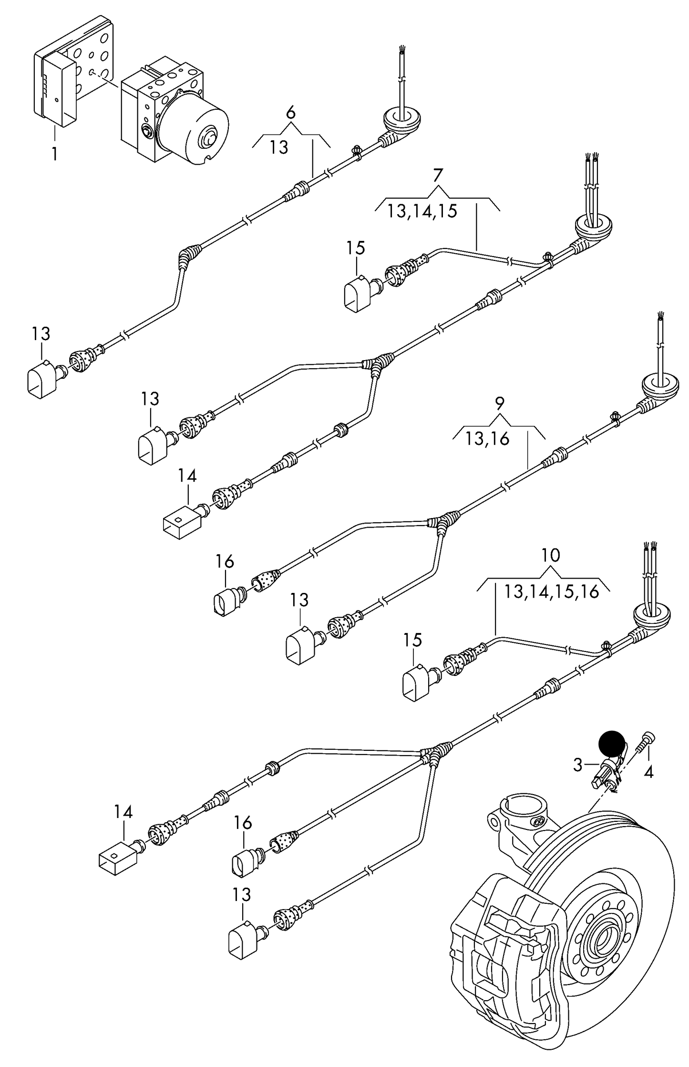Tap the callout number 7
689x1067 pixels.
[438, 176]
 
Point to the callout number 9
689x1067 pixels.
[499, 404]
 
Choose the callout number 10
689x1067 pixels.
[551, 555]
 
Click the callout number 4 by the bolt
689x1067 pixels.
[648, 771]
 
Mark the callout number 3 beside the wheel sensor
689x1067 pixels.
[578, 765]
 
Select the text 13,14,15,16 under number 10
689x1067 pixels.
[551, 592]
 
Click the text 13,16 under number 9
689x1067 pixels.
[488, 438]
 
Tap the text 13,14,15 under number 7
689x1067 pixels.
[422, 211]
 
